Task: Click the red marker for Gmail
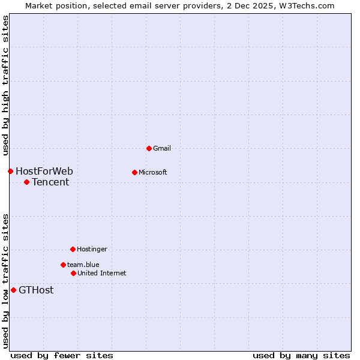tap(149, 148)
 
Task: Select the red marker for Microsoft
tap(134, 172)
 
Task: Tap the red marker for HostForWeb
tap(10, 171)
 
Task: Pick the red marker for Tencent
tap(26, 182)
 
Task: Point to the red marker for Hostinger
tap(73, 249)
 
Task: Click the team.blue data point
tap(63, 265)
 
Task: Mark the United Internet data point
tap(73, 273)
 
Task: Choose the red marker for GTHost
tap(13, 290)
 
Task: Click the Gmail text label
tap(162, 148)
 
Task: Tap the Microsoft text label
tap(153, 172)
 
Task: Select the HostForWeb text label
tap(44, 172)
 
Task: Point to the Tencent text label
tap(50, 182)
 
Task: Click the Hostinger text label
tap(92, 249)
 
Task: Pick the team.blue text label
tap(83, 265)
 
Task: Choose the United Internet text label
tap(102, 273)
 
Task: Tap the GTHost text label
tap(36, 290)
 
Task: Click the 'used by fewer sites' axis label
tap(62, 356)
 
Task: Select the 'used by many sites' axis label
tap(301, 356)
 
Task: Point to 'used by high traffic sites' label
tap(5, 83)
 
